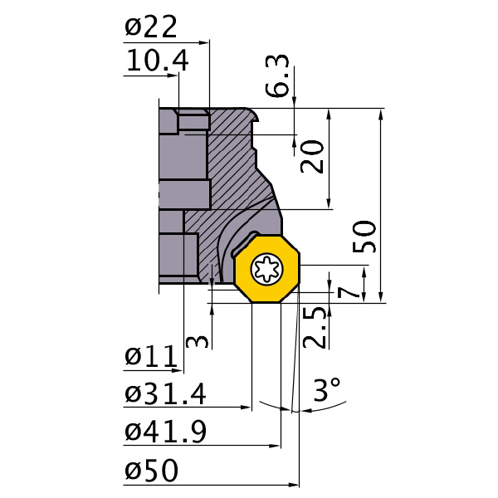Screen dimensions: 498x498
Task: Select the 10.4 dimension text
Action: coord(157,61)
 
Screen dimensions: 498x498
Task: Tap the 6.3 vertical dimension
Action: coord(281,77)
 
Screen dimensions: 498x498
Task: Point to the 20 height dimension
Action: coord(312,154)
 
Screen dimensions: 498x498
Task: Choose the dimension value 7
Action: coord(349,290)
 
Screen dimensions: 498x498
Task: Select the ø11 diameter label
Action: coord(150,357)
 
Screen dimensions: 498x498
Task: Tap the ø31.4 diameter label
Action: coord(165,394)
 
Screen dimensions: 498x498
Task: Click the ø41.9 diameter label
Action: coord(165,432)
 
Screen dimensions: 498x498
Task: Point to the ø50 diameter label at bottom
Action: coord(151,471)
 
